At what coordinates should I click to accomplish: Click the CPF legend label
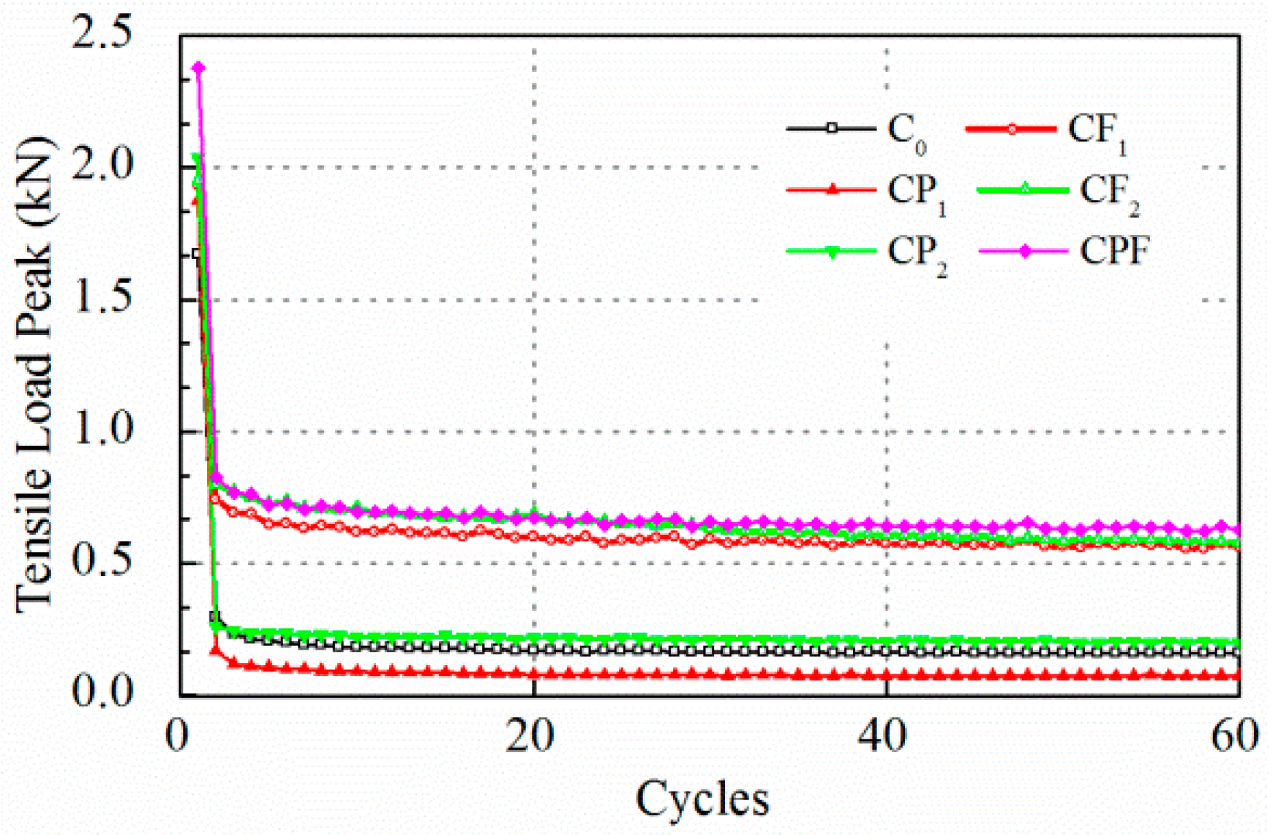pyautogui.click(x=1114, y=251)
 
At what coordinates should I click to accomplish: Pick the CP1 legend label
pyautogui.click(x=916, y=192)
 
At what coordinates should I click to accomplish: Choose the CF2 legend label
pyautogui.click(x=1109, y=192)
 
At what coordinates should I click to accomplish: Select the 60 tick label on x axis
pyautogui.click(x=1236, y=737)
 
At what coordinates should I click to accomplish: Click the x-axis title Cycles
pyautogui.click(x=703, y=799)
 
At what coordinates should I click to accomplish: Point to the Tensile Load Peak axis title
pyautogui.click(x=34, y=376)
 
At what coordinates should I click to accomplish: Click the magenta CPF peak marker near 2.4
pyautogui.click(x=199, y=68)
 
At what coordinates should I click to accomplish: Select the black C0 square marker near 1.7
pyautogui.click(x=197, y=254)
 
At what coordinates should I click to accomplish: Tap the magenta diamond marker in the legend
pyautogui.click(x=1025, y=251)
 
